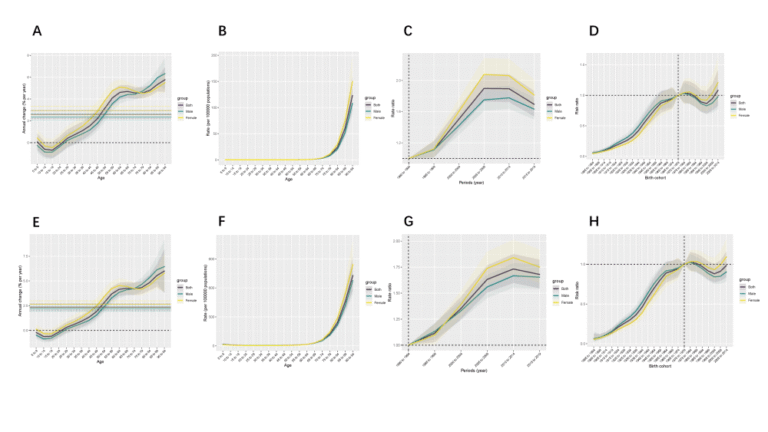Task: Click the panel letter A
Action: (37, 31)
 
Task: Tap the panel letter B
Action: (222, 31)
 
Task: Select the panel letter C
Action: (408, 31)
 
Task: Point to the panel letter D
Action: (594, 31)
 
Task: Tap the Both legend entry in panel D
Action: (743, 102)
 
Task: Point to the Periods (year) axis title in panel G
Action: (470, 373)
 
